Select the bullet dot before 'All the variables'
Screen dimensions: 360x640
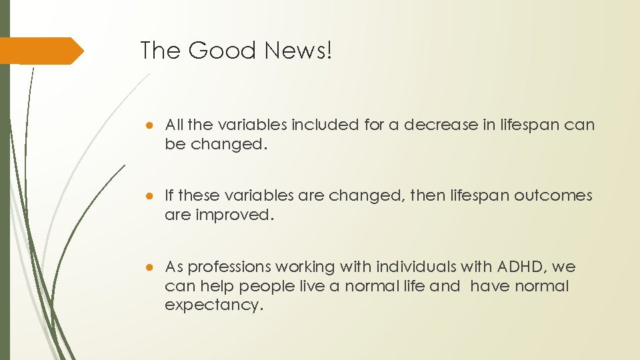click(x=153, y=125)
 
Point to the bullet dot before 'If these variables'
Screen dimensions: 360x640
click(x=153, y=196)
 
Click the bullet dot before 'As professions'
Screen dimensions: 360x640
click(x=153, y=267)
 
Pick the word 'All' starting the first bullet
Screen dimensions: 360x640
click(x=174, y=125)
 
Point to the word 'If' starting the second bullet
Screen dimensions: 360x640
click(x=169, y=196)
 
